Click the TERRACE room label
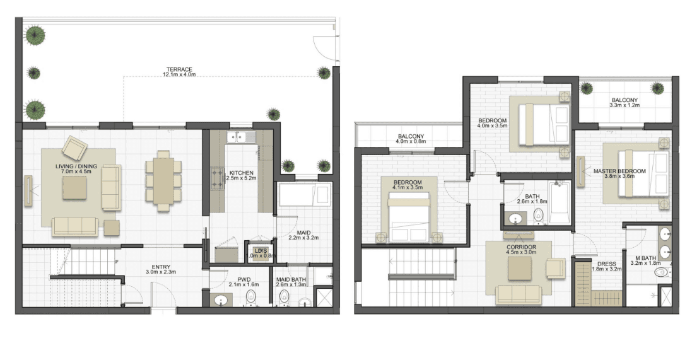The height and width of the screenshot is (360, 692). coord(179,72)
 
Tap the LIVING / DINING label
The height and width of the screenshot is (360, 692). coord(76,169)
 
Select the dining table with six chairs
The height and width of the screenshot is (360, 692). coord(163,182)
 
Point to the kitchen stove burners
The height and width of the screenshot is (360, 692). coord(218,178)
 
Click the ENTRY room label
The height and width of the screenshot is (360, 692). coord(161,270)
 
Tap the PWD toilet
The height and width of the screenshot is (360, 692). coord(251,298)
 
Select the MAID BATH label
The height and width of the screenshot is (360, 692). coord(291,282)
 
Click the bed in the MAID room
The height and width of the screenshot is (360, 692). coord(305,195)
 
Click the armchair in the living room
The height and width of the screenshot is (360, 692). coord(74,148)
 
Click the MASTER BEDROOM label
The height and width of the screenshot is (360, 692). coord(619,173)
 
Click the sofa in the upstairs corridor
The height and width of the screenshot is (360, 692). coord(519,294)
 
